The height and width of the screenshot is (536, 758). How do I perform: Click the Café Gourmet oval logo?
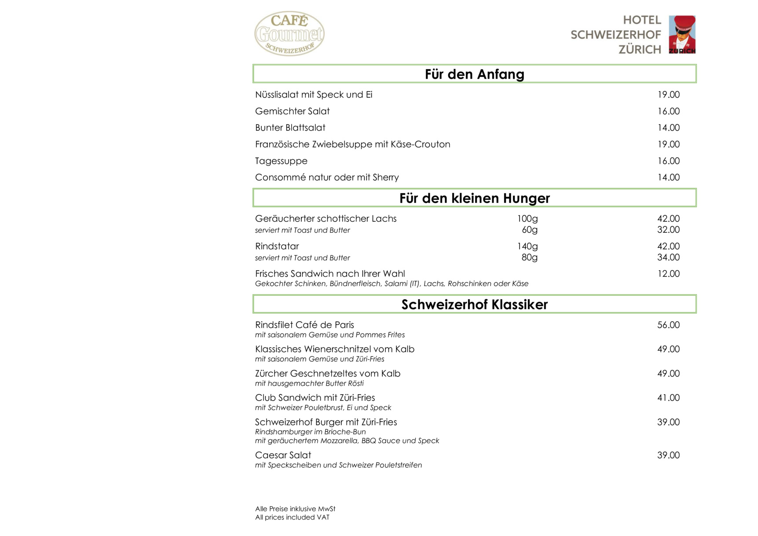(x=289, y=33)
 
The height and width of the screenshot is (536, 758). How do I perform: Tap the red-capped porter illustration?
(x=682, y=34)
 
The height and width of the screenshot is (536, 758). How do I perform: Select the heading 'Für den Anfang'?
(x=474, y=74)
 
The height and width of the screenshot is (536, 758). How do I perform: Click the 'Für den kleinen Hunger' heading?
(x=474, y=198)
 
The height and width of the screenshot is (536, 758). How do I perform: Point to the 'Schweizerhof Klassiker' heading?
(x=474, y=305)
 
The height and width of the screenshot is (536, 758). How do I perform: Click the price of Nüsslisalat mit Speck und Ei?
(x=668, y=95)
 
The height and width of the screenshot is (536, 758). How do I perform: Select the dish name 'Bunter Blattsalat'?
(x=290, y=128)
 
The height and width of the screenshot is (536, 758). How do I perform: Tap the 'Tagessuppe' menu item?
(x=281, y=161)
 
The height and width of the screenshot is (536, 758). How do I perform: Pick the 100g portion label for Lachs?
(x=527, y=219)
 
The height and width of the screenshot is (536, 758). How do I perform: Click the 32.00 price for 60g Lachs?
(x=668, y=230)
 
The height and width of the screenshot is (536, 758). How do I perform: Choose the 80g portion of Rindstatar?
(x=529, y=257)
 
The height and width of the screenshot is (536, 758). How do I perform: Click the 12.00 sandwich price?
(x=668, y=274)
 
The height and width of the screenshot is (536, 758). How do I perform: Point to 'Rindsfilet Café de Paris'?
(x=304, y=325)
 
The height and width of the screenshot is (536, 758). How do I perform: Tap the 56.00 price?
(x=668, y=325)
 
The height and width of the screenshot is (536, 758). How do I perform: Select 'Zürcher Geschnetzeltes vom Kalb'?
(x=328, y=374)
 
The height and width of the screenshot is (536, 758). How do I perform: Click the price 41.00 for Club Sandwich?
(x=668, y=398)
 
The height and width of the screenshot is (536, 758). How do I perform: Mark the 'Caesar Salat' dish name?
(x=283, y=455)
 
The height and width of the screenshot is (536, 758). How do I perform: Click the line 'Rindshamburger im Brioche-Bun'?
(x=310, y=432)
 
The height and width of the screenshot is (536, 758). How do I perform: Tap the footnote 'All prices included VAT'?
(x=292, y=518)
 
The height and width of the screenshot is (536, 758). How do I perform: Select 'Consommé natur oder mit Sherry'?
(x=327, y=177)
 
